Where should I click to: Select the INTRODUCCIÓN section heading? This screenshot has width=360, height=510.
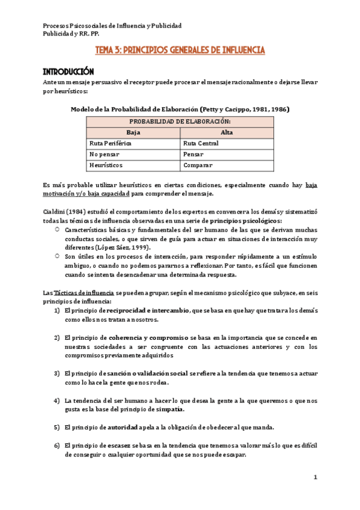click(x=69, y=70)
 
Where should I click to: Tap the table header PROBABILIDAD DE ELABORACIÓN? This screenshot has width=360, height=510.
click(x=180, y=121)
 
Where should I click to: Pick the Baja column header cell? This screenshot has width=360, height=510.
click(x=133, y=132)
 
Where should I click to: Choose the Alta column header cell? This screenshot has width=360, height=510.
click(x=227, y=132)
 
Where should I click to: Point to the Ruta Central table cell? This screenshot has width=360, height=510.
click(x=201, y=144)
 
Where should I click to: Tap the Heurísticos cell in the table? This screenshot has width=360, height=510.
click(x=106, y=165)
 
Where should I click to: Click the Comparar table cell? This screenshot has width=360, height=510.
click(x=198, y=165)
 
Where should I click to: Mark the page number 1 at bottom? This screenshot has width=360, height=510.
click(x=314, y=477)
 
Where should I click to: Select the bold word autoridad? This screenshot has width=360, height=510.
click(x=126, y=428)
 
